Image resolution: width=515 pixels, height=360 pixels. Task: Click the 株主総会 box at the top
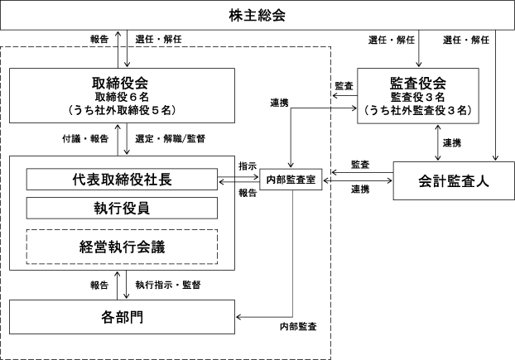tap(257, 16)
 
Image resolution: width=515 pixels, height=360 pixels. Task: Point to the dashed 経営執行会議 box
tap(122, 245)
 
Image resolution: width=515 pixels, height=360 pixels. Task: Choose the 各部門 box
tap(122, 317)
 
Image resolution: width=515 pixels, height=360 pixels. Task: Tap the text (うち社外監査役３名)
tap(417, 109)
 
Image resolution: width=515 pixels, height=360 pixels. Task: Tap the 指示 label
tap(247, 166)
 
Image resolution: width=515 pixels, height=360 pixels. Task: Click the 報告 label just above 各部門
tap(101, 285)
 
